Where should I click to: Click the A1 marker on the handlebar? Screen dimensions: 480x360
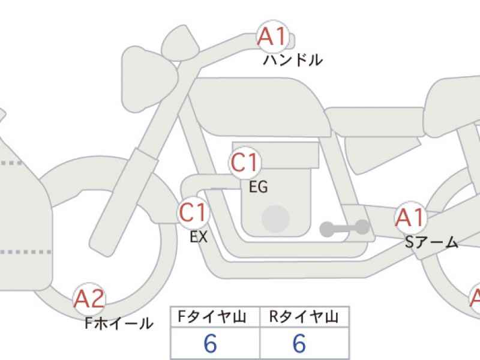click(272, 37)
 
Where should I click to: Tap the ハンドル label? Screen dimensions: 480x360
click(293, 60)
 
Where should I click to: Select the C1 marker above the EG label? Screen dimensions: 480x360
click(245, 163)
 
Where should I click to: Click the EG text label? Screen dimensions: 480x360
click(259, 187)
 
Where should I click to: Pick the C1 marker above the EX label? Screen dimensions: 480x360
click(193, 212)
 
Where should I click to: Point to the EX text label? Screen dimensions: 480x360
click(199, 236)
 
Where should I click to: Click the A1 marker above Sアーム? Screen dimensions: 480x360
click(410, 217)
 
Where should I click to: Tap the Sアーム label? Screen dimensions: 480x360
click(431, 242)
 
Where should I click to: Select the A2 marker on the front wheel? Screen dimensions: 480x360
click(89, 299)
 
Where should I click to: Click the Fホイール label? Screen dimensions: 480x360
click(119, 323)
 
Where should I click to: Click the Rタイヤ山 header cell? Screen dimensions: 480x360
click(304, 317)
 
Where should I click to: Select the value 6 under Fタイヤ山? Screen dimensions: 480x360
click(211, 343)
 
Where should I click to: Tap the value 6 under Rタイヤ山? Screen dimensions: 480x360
click(299, 343)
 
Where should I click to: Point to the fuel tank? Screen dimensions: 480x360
click(259, 106)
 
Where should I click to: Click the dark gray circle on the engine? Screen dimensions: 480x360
click(275, 219)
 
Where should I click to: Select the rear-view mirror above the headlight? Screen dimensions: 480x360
click(181, 43)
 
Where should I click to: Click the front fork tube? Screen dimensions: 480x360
click(125, 203)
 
